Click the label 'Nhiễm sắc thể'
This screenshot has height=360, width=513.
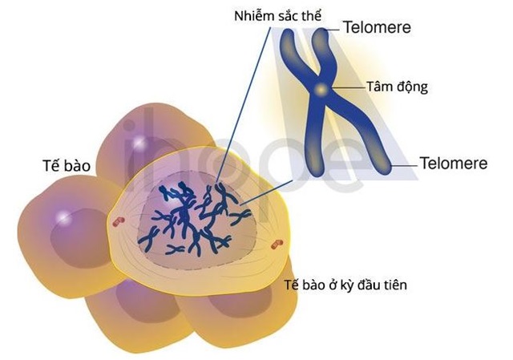click(278, 15)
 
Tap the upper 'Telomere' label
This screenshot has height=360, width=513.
click(377, 27)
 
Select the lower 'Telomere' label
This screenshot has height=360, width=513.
click(454, 164)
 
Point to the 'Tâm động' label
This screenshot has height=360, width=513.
click(397, 87)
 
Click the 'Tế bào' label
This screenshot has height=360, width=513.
click(67, 166)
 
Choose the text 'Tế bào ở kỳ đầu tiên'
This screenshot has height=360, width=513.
click(345, 285)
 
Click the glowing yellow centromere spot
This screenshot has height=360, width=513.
click(321, 89)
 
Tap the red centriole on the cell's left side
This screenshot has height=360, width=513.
click(119, 222)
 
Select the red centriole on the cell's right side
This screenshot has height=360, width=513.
click(277, 244)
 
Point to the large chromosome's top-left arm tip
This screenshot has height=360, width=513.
click(288, 32)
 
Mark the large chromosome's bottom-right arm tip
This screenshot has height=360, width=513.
click(386, 169)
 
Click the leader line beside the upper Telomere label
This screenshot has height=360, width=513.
click(333, 30)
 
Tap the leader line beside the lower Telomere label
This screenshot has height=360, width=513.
click(404, 166)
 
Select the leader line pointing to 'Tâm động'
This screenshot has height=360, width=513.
click(349, 87)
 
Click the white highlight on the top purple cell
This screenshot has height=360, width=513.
click(139, 143)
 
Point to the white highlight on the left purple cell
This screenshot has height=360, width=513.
click(64, 216)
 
